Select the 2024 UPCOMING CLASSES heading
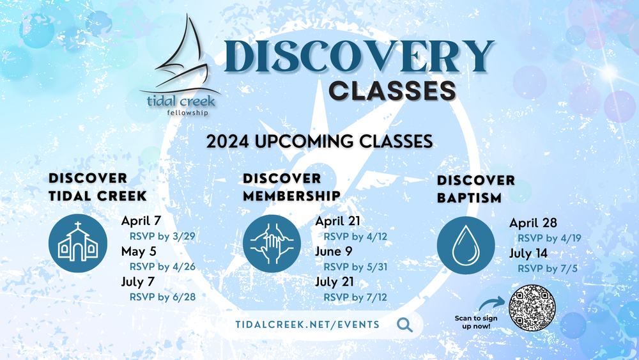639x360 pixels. (x=319, y=140)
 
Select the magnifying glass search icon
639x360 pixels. (x=404, y=325)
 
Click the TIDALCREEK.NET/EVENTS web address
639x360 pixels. (x=307, y=325)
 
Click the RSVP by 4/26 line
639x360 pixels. (x=162, y=266)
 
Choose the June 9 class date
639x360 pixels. (x=332, y=251)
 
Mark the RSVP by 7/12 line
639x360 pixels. (x=356, y=297)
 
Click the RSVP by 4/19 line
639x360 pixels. (x=549, y=238)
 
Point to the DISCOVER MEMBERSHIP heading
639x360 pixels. (x=291, y=185)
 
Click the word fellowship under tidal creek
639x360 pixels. (x=180, y=113)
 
